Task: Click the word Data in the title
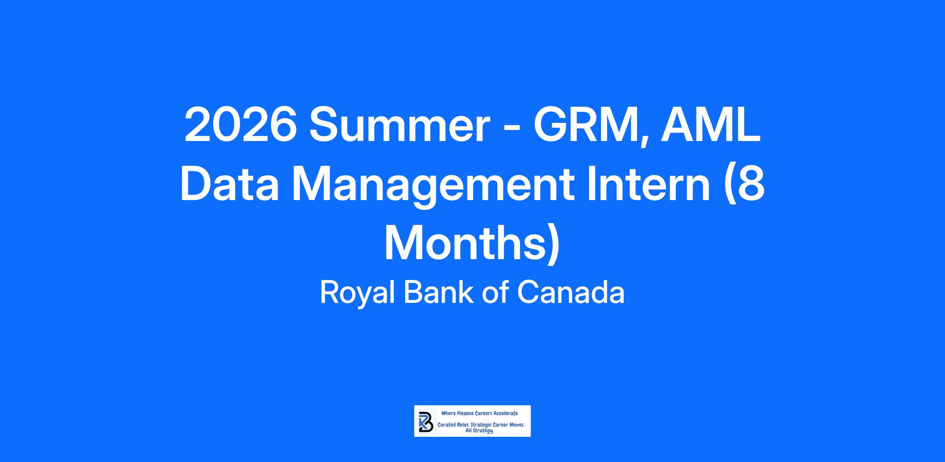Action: point(230,184)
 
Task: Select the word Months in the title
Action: point(465,243)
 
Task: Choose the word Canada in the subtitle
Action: point(571,292)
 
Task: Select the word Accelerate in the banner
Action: point(506,413)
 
